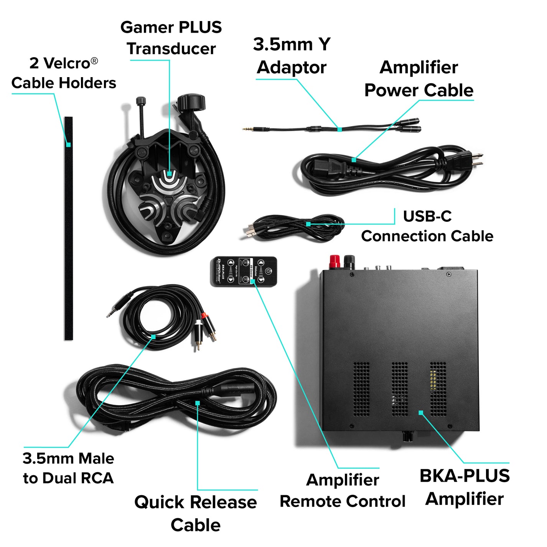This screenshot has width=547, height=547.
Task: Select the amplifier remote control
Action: coord(244,271)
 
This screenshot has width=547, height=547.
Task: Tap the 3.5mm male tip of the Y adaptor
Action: coord(245,129)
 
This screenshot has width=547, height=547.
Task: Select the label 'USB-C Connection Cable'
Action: coord(427,226)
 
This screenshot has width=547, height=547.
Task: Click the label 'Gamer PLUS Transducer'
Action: coord(171,38)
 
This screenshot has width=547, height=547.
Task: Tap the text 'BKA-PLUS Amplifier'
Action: coord(465,487)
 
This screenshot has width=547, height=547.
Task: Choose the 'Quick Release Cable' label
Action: coord(196,513)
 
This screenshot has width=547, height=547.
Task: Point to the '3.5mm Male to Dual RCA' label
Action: coord(68,468)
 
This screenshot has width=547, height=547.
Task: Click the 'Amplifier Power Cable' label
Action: coord(419,79)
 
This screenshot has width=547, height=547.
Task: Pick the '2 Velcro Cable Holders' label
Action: coord(64,73)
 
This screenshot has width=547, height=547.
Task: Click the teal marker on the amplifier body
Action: coord(421,413)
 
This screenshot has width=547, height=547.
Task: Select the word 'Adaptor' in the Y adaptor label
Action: coord(292,68)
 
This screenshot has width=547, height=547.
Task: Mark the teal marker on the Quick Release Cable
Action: coord(198,403)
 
